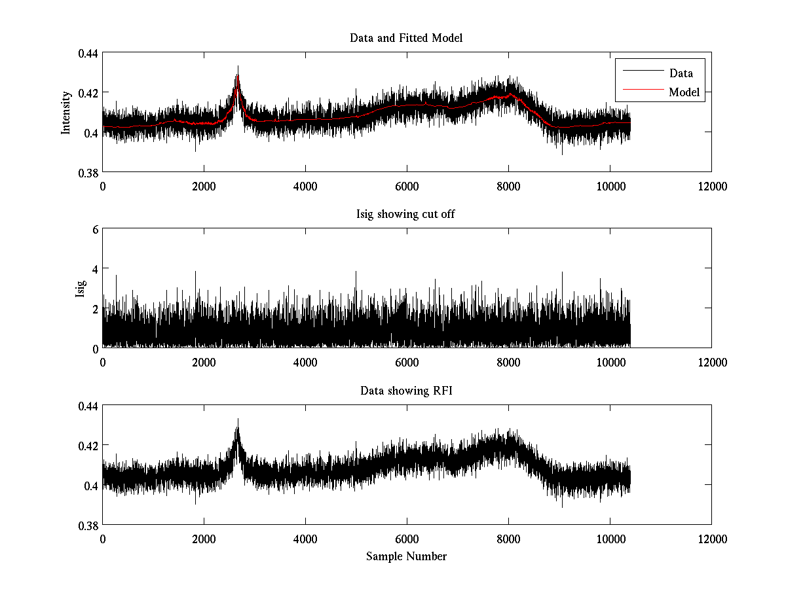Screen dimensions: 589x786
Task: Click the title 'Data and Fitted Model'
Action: (406, 38)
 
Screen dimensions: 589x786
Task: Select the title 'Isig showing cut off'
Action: (406, 215)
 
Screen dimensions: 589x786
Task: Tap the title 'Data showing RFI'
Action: (406, 391)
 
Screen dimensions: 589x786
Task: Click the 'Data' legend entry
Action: (681, 73)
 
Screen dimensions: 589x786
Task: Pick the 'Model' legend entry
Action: (684, 92)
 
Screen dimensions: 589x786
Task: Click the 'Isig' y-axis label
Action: (80, 289)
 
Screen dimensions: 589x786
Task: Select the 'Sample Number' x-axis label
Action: (406, 556)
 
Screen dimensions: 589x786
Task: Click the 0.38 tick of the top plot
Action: (88, 172)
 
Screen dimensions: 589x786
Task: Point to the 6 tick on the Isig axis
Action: (95, 230)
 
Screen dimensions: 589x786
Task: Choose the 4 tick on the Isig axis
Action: (95, 269)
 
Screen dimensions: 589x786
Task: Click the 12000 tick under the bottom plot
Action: (711, 539)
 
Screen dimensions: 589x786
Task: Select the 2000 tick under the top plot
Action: (204, 186)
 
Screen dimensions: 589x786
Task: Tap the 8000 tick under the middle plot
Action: (508, 362)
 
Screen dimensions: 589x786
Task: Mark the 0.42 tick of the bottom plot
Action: (88, 446)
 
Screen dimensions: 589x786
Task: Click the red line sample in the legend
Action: (641, 92)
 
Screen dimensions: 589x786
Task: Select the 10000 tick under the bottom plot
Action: (610, 539)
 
